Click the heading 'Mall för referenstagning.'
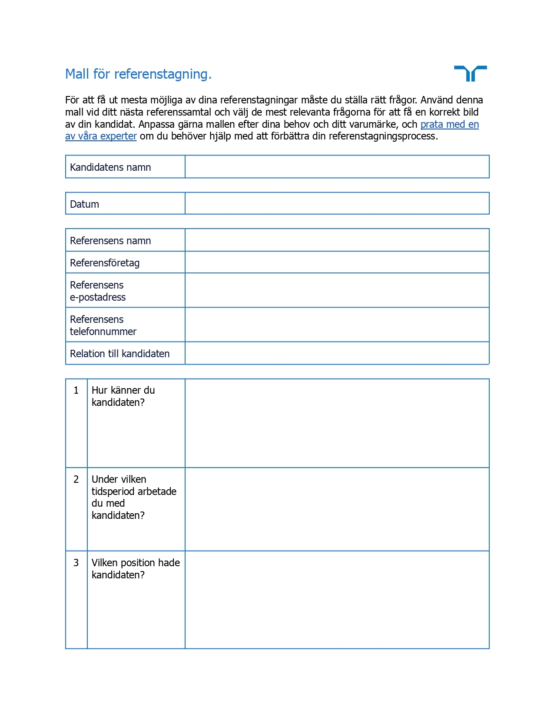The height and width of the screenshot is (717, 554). coord(138,74)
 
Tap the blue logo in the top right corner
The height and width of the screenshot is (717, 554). coord(470,73)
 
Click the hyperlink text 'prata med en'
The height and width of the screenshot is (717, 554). coord(449,124)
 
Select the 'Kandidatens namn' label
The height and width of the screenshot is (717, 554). coord(110,167)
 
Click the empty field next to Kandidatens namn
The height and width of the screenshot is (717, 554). coord(337,167)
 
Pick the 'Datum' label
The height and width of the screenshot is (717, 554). coord(84,204)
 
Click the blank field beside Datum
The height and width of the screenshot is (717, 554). coord(337,203)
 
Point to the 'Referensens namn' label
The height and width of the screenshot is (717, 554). coord(110,241)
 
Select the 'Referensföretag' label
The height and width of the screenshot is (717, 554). coord(105,263)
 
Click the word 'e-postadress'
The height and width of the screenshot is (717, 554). coord(98,297)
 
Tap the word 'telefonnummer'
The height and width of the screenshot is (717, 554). coord(103,332)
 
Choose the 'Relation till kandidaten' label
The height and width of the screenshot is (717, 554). coord(119,354)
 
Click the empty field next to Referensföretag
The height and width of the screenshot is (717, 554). coord(337,262)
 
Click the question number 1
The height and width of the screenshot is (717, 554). coord(76,391)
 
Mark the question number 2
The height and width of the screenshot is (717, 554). coord(76,479)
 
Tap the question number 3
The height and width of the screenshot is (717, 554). coord(76,563)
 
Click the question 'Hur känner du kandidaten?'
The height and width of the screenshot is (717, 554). coord(123,396)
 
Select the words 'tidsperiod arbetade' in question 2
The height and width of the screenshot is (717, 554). coord(134,491)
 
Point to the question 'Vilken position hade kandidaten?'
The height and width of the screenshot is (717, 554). coord(135,568)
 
